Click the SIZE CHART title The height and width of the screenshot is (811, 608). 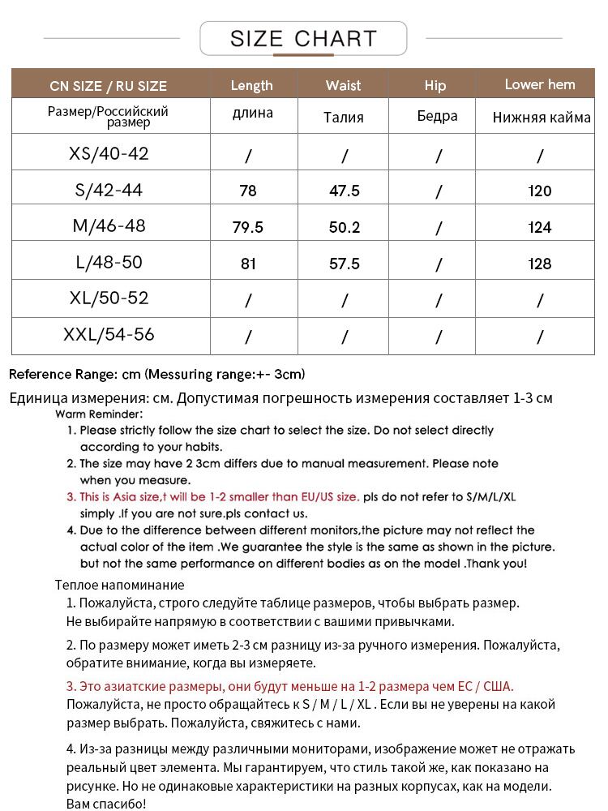pyautogui.click(x=303, y=38)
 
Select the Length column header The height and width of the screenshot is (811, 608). pyautogui.click(x=251, y=85)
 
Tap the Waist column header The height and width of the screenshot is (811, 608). pyautogui.click(x=344, y=85)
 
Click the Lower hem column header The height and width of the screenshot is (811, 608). pyautogui.click(x=540, y=84)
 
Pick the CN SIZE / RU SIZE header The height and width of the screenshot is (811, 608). pyautogui.click(x=108, y=86)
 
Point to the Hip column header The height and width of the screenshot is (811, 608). pyautogui.click(x=435, y=85)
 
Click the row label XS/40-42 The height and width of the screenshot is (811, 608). pyautogui.click(x=109, y=153)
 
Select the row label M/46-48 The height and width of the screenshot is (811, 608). pyautogui.click(x=109, y=225)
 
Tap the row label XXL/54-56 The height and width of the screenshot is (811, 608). pyautogui.click(x=109, y=334)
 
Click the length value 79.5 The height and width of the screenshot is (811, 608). pyautogui.click(x=248, y=227)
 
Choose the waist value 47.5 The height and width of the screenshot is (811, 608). pyautogui.click(x=345, y=191)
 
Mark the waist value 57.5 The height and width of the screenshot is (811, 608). pyautogui.click(x=345, y=264)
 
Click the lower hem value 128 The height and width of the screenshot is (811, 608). pyautogui.click(x=539, y=264)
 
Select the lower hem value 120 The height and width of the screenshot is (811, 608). pyautogui.click(x=539, y=191)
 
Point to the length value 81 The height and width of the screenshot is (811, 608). pyautogui.click(x=248, y=264)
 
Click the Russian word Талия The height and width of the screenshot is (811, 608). pyautogui.click(x=344, y=118)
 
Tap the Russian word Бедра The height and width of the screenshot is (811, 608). pyautogui.click(x=438, y=116)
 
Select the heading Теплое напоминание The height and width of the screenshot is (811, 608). pyautogui.click(x=120, y=585)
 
